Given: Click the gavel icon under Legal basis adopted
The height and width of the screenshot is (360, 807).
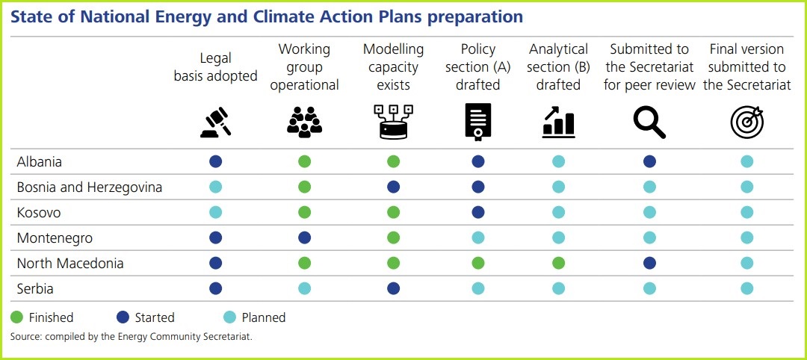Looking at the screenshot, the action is (216, 122).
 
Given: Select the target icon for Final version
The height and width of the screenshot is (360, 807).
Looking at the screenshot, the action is (746, 122).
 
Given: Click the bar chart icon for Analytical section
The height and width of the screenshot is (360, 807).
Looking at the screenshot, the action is (558, 122).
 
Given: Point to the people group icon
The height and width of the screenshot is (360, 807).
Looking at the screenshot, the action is (304, 122).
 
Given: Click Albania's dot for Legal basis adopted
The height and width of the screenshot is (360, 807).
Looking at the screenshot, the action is (216, 161).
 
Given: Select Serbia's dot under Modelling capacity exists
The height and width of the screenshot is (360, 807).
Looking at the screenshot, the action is (393, 288).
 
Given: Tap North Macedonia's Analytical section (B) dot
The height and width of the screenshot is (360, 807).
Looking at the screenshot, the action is (558, 264).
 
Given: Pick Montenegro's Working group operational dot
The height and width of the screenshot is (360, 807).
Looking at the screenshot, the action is (304, 238).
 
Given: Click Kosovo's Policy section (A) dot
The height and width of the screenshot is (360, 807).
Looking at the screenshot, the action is (478, 212).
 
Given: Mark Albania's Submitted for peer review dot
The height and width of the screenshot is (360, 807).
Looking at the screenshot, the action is (649, 161).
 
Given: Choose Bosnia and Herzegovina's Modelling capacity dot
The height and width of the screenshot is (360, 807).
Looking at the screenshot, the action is (393, 187).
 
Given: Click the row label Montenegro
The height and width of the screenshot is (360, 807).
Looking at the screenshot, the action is (55, 238).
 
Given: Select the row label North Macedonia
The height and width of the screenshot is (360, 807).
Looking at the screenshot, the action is (70, 264).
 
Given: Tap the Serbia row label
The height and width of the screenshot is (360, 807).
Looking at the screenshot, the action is (35, 288).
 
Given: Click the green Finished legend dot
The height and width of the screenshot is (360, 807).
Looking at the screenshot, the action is (16, 317).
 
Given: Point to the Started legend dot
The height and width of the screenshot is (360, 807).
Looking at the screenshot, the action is (123, 317).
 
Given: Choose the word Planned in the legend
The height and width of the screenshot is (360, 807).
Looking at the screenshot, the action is (264, 317).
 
